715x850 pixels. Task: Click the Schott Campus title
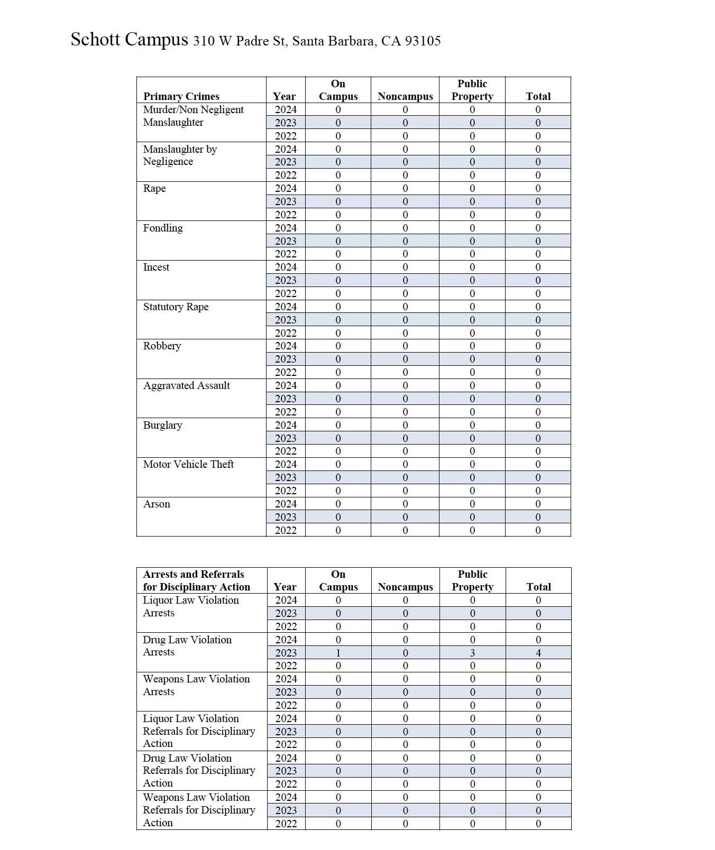[x=129, y=40]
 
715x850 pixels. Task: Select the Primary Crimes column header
[x=181, y=96]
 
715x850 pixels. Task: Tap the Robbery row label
[x=162, y=346]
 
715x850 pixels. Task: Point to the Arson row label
[x=157, y=504]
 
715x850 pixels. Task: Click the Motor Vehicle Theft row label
[x=188, y=465]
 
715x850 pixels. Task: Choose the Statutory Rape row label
[x=176, y=307]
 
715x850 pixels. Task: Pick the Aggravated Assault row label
[x=186, y=386]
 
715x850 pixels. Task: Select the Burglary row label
[x=162, y=426]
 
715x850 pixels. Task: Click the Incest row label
[x=156, y=267]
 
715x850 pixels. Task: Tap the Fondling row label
[x=163, y=228]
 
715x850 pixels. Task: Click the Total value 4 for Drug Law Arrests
[x=538, y=653]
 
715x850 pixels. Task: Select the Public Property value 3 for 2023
[x=472, y=653]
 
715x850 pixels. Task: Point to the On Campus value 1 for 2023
[x=338, y=653]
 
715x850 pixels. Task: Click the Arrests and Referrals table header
[x=196, y=580]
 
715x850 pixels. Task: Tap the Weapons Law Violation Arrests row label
[x=196, y=685]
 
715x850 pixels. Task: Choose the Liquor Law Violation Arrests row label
[x=190, y=606]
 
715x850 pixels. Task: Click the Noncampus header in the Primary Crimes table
[x=405, y=96]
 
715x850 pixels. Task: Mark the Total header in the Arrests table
[x=538, y=587]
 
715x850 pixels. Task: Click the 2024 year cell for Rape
[x=286, y=189]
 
